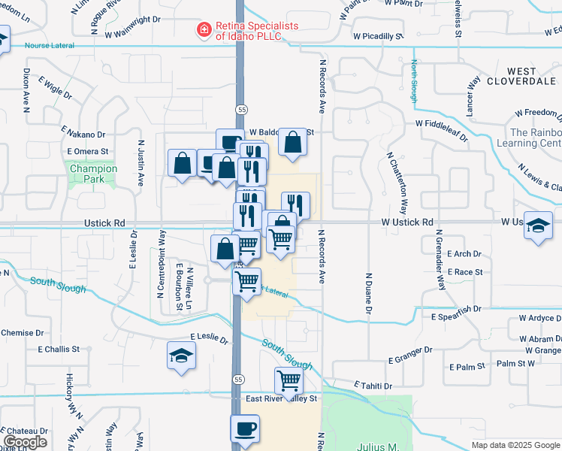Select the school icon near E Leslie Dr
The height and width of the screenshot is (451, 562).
tap(181, 355)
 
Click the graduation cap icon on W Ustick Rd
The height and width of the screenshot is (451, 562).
tap(538, 226)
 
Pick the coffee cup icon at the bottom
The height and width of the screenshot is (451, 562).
tap(244, 428)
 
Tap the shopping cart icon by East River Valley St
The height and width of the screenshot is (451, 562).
tap(289, 381)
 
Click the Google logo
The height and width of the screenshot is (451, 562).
tap(26, 442)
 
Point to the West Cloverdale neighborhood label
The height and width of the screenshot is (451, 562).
tap(521, 75)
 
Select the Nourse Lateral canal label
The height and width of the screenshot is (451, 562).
tap(50, 45)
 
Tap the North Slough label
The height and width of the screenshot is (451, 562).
tap(414, 82)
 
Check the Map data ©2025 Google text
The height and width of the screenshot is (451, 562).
tap(515, 445)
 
